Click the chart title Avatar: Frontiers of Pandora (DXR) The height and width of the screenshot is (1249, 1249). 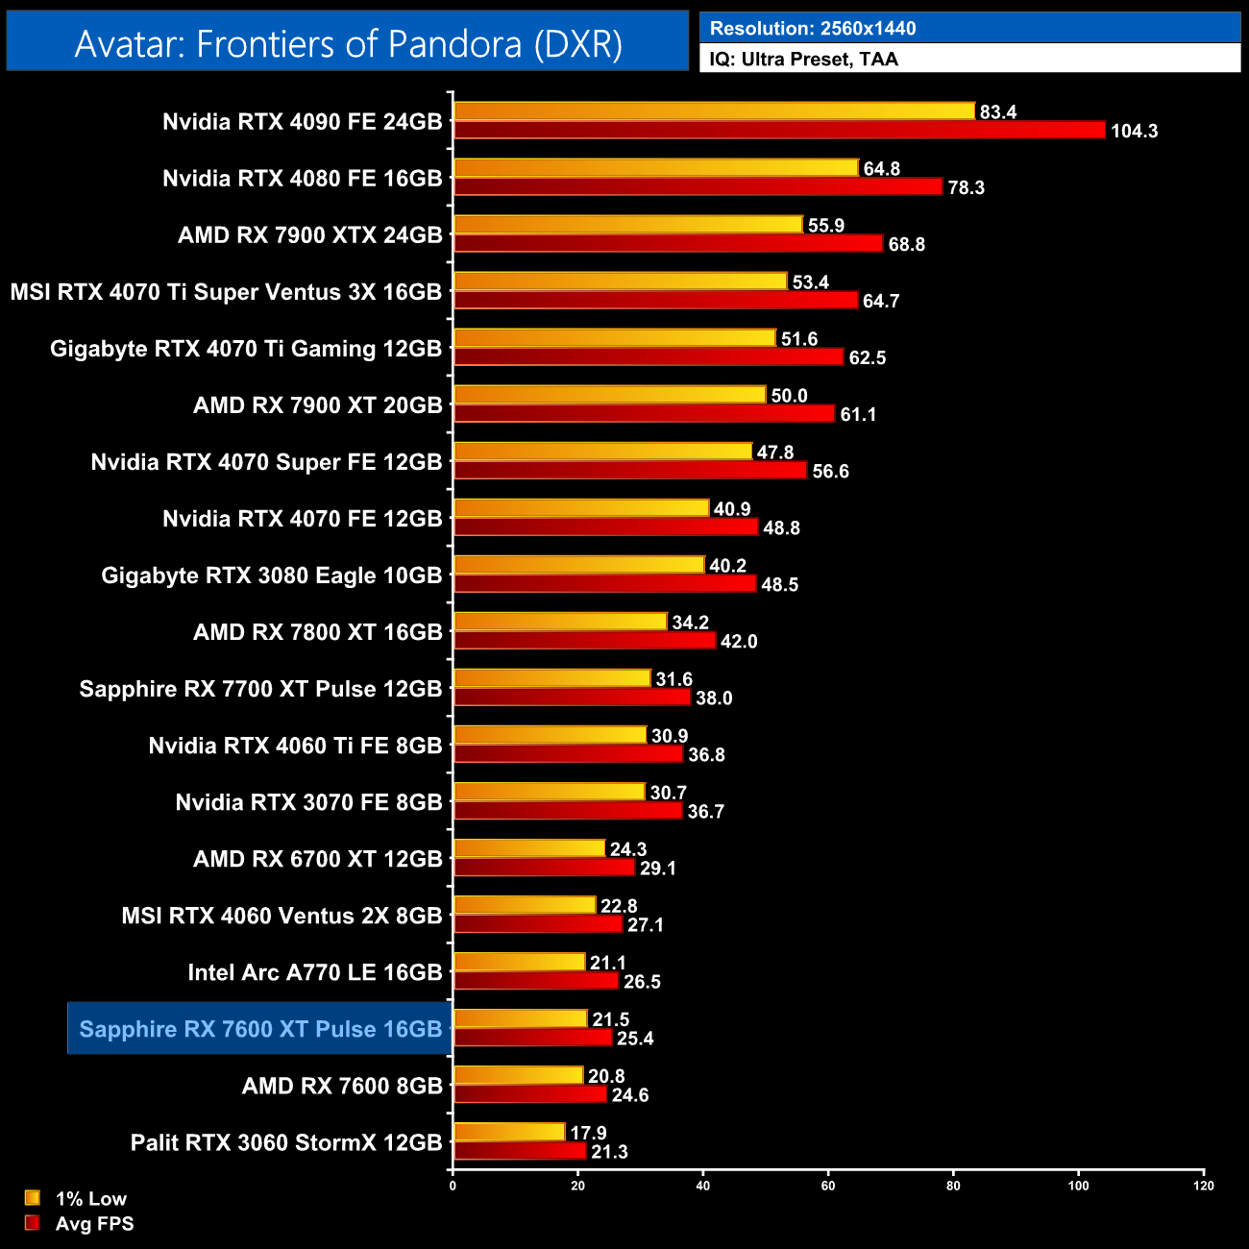point(348,44)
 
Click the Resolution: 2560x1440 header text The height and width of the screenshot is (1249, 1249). point(812,29)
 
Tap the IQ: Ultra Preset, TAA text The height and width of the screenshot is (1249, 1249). point(803,60)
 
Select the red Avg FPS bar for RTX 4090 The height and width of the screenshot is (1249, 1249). point(778,131)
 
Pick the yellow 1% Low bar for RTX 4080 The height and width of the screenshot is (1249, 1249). point(655,168)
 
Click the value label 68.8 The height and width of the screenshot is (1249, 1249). point(906,245)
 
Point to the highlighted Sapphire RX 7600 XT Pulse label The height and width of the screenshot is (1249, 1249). point(260,1029)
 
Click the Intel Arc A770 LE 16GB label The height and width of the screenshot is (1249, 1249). point(314,972)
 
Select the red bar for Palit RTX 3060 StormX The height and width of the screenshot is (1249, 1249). point(519,1151)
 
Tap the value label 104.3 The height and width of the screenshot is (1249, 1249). point(1134,132)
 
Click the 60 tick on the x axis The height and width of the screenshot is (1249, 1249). point(828,1186)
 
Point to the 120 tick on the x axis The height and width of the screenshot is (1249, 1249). point(1204,1186)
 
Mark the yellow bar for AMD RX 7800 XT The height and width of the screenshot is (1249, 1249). point(559,622)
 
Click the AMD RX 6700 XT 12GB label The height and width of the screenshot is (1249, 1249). point(317,859)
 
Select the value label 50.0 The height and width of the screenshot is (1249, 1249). point(789,396)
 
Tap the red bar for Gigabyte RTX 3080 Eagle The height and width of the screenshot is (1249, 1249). point(604,584)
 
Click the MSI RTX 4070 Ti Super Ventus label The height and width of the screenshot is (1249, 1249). point(226,292)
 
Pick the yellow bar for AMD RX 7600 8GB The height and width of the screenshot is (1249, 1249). point(518,1076)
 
